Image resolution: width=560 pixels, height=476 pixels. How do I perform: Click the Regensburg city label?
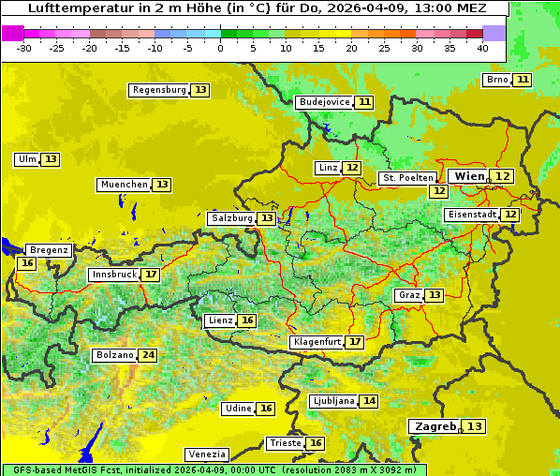coord(159,90)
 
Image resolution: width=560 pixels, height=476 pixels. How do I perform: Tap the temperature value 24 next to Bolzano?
coord(148,355)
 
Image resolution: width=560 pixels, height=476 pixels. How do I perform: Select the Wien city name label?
coord(470,176)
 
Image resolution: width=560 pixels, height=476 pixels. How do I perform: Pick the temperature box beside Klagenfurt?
coord(355,342)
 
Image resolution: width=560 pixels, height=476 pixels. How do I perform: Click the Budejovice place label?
coord(324,102)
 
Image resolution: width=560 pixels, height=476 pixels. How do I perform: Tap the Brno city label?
coord(497,80)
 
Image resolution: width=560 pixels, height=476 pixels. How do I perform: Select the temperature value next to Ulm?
coord(51,159)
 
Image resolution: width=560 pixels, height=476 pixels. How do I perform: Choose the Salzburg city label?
coord(231,218)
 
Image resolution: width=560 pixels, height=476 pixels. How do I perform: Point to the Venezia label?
coord(207,454)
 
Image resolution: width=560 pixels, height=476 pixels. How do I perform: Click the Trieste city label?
coord(286,443)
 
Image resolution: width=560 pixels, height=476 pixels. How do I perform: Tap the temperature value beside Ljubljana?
coord(370,401)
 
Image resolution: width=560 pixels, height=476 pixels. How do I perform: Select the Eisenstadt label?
coord(471,215)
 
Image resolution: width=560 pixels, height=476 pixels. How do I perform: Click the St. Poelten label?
coord(407,177)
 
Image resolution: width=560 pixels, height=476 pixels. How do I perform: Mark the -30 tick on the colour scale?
coord(23,47)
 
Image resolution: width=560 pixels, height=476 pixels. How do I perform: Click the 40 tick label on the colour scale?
coord(482,47)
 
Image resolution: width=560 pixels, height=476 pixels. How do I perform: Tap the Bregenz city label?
coord(49,250)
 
